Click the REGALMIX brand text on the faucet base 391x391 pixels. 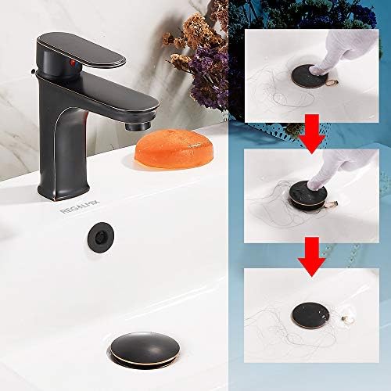tap(75, 210)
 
